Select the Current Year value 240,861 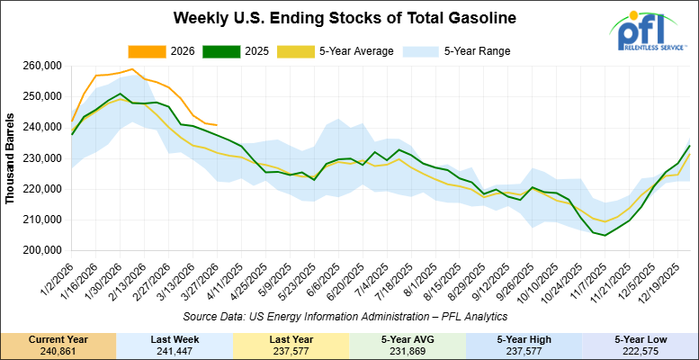click(x=58, y=350)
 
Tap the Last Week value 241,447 click(x=175, y=350)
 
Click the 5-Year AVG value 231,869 click(x=408, y=350)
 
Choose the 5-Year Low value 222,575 click(x=641, y=350)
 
